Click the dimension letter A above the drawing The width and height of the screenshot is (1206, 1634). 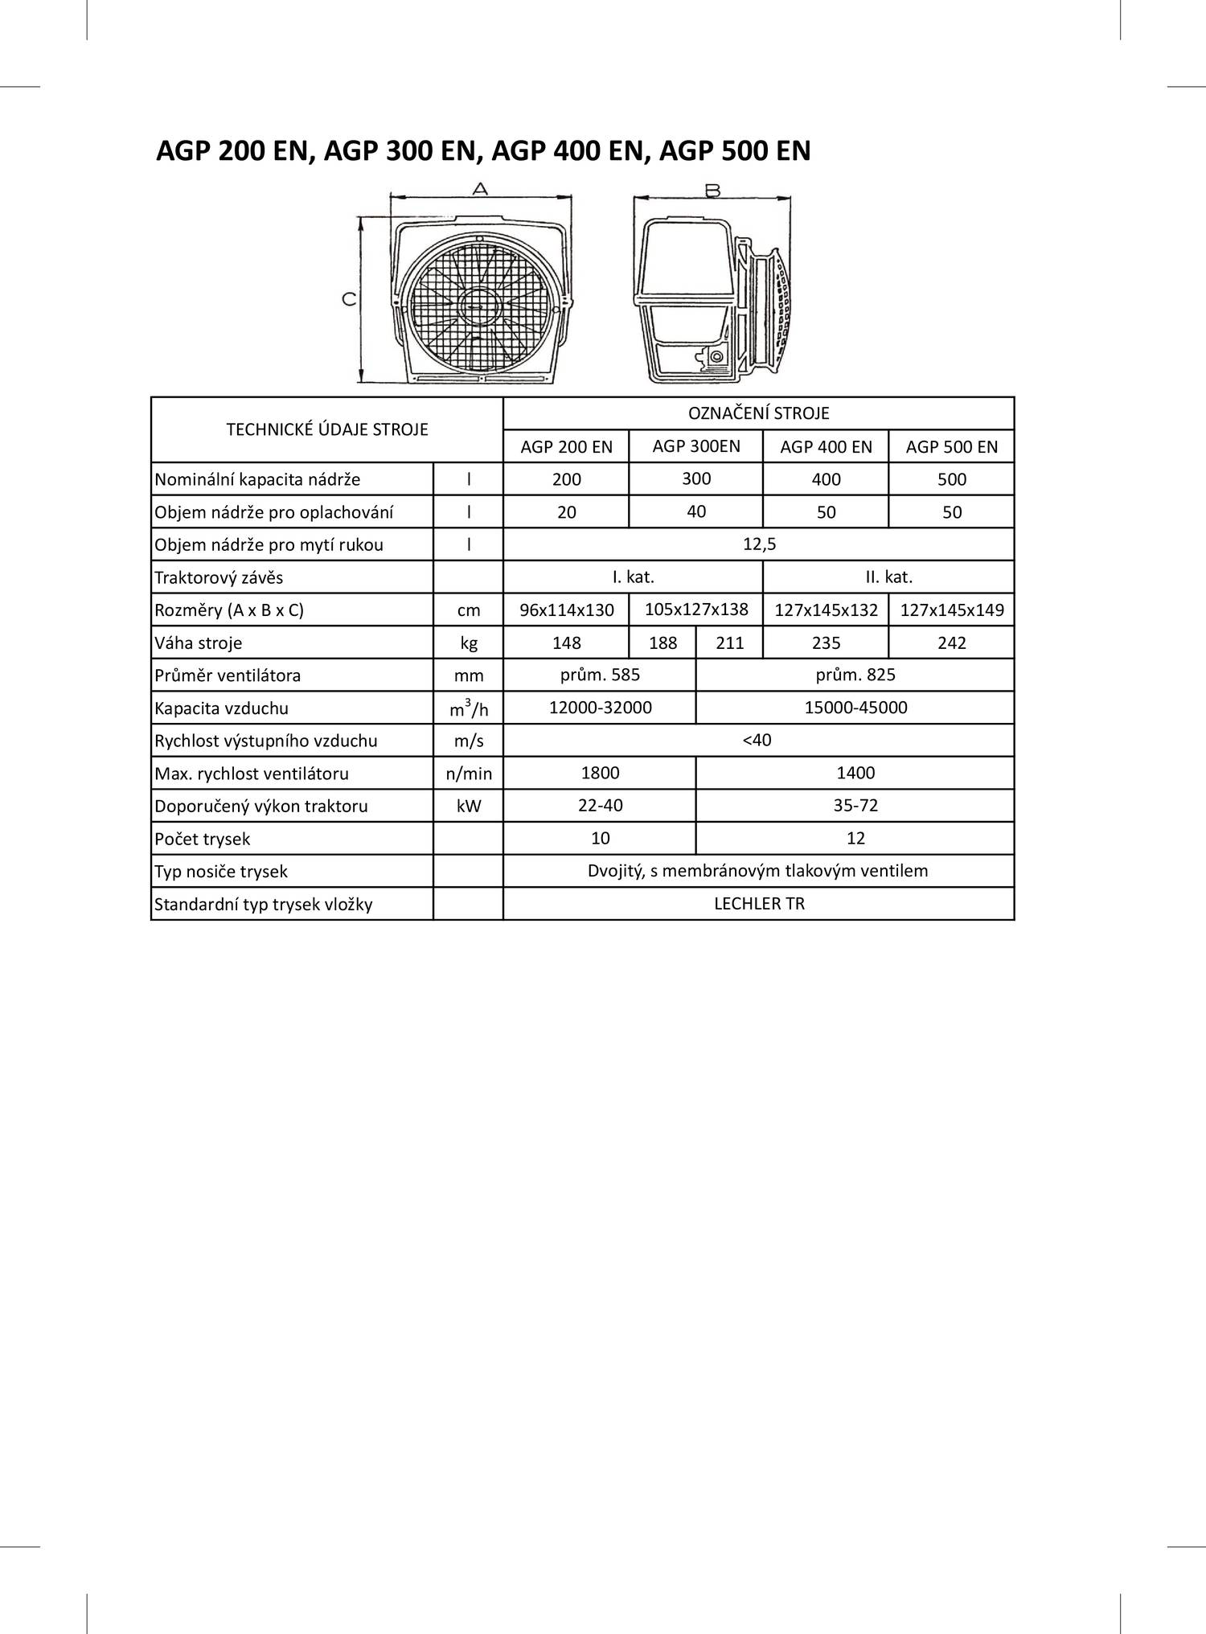tap(480, 189)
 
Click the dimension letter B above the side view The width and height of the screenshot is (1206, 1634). tap(712, 191)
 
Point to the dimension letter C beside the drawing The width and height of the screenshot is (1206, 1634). tap(349, 299)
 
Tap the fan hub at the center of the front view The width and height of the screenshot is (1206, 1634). tap(479, 307)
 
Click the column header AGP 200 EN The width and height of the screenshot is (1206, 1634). tap(566, 447)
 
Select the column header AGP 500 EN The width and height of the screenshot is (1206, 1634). tap(951, 447)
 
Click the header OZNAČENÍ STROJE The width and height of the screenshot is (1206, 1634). tap(758, 413)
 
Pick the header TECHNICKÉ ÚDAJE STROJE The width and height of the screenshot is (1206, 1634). tap(327, 429)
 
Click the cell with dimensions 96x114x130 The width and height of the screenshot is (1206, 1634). tap(566, 610)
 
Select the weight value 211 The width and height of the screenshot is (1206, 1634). tap(729, 643)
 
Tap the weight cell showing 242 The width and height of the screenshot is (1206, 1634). tap(951, 643)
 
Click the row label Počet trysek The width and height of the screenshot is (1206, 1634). tap(203, 840)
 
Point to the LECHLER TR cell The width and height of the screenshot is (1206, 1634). tap(758, 904)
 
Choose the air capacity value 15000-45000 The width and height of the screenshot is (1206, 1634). tap(855, 708)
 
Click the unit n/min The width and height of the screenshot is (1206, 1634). tap(469, 774)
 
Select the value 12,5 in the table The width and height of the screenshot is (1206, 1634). tap(758, 544)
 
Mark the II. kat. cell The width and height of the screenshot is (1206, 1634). tap(888, 577)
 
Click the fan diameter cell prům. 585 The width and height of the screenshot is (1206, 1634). tap(600, 675)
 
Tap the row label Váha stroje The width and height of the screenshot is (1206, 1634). tap(198, 643)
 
